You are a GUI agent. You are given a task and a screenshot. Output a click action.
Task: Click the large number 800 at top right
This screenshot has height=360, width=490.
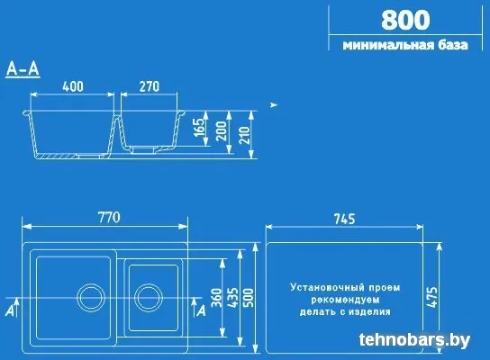(405, 20)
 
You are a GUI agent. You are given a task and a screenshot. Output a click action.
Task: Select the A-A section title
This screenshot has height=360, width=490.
(23, 69)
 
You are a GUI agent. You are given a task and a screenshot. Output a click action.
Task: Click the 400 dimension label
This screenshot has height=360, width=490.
(73, 86)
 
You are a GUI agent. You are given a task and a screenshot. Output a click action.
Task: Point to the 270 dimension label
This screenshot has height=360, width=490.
(150, 86)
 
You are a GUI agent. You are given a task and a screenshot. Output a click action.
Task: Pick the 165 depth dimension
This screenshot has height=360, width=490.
(199, 127)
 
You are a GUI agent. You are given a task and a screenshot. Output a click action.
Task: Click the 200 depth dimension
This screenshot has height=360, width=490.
(222, 131)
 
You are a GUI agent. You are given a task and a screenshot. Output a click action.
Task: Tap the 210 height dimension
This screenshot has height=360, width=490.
(245, 135)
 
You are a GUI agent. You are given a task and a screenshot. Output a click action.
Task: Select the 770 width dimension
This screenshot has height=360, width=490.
(109, 218)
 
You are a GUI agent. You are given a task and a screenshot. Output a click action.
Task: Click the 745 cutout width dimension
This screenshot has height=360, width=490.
(345, 219)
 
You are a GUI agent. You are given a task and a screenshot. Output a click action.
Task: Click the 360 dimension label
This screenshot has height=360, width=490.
(216, 298)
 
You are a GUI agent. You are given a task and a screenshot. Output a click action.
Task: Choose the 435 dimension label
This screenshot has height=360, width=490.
(232, 298)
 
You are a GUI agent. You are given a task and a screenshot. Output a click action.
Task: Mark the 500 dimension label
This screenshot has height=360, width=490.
(249, 298)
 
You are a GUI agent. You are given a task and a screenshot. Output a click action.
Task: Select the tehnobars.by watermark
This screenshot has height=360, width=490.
(414, 339)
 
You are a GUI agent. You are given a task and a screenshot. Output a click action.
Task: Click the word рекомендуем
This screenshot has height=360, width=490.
(345, 300)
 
